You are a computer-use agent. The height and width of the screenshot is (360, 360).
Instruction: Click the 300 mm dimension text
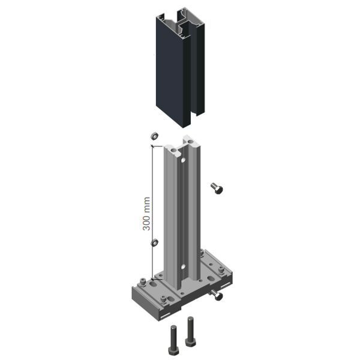point(146,214)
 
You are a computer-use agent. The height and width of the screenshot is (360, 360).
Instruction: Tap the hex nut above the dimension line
point(155,136)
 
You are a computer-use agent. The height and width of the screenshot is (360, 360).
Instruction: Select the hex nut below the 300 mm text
point(155,242)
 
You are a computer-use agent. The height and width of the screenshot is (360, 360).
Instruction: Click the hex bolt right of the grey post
point(217,188)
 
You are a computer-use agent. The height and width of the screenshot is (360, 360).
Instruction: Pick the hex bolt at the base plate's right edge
point(217,295)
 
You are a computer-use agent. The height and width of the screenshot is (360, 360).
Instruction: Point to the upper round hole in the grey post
point(183,160)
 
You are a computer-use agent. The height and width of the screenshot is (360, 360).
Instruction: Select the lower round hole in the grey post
point(183,267)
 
